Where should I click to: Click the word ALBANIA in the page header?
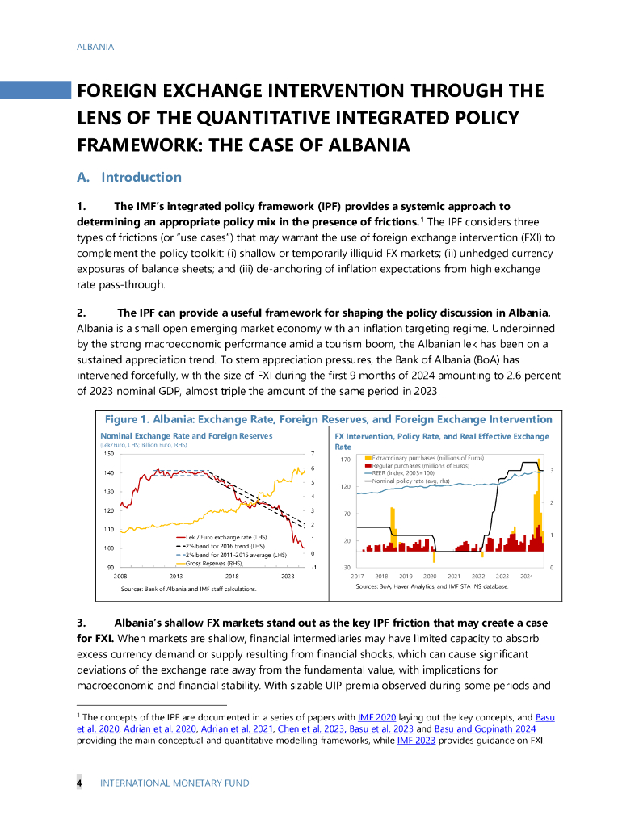click(x=95, y=47)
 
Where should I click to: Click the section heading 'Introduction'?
click(x=141, y=178)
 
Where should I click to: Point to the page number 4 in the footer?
click(x=79, y=783)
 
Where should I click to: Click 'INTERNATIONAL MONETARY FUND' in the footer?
click(x=174, y=783)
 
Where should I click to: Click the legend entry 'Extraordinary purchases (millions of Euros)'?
click(x=427, y=458)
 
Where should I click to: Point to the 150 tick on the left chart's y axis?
click(x=108, y=453)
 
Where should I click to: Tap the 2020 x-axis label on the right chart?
click(x=430, y=576)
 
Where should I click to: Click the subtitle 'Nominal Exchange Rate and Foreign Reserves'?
click(x=186, y=436)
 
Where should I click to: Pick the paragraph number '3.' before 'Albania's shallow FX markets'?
click(x=82, y=623)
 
